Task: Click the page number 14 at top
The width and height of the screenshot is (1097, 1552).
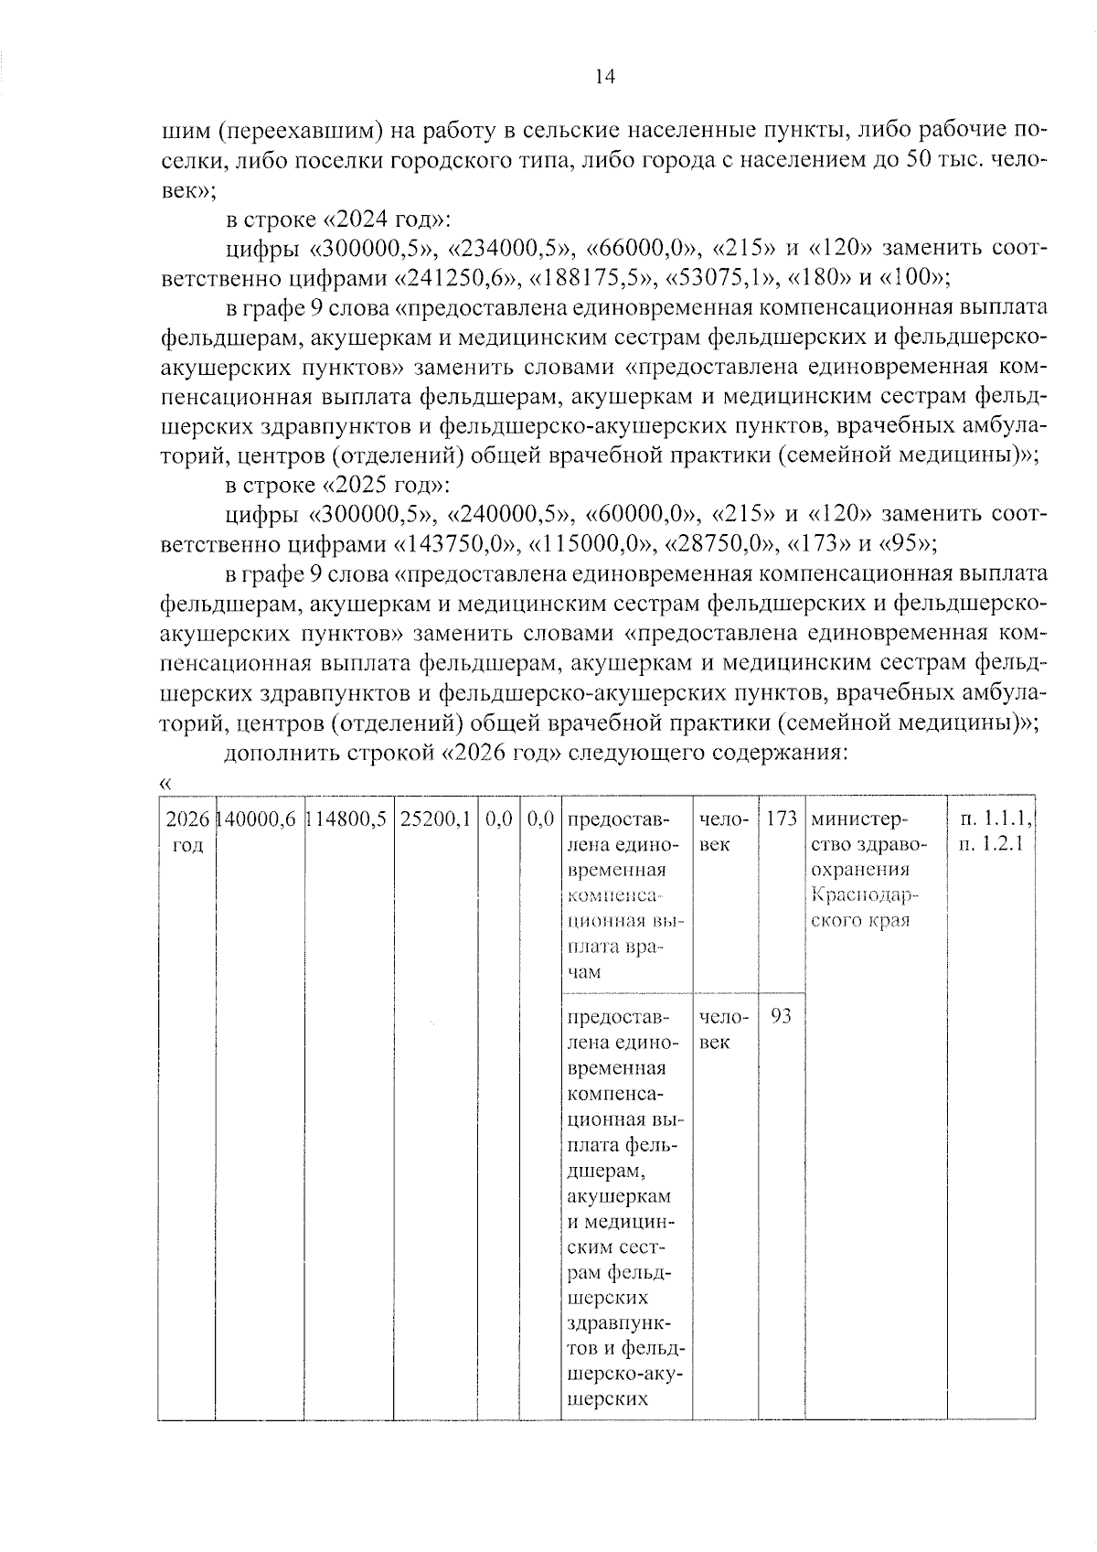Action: click(x=605, y=77)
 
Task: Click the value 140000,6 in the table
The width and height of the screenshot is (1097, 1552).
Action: click(x=260, y=820)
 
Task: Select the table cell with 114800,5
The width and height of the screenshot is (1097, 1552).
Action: click(x=348, y=820)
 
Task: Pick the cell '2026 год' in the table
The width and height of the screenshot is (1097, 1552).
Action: click(x=187, y=832)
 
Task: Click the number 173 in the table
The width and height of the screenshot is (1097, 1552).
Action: click(x=782, y=819)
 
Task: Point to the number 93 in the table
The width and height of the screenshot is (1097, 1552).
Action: click(x=782, y=1016)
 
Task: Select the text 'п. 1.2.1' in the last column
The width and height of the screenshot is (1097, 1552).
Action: click(x=991, y=843)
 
